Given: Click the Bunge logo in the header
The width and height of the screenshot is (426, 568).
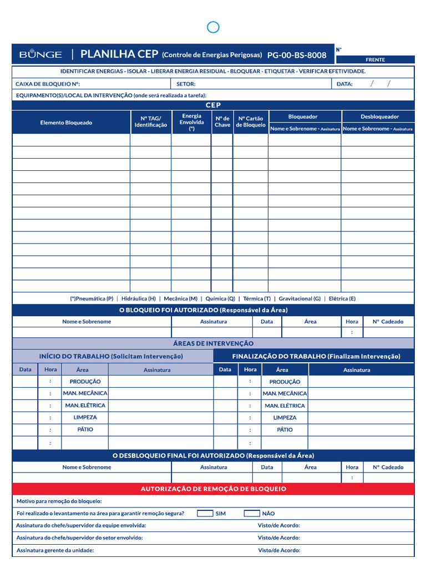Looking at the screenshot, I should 40,54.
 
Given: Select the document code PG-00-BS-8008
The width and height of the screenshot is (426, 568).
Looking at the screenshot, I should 297,55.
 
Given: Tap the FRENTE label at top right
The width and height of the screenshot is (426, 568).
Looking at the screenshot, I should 375,59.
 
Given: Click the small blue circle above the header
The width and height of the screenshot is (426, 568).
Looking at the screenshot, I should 213,27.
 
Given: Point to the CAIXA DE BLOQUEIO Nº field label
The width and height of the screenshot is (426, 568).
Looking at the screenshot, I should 48,84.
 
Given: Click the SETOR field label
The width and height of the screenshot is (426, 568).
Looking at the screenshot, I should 186,84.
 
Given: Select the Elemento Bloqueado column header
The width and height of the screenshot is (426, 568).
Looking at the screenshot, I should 66,123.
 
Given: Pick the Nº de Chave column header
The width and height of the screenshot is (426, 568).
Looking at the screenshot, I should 222,121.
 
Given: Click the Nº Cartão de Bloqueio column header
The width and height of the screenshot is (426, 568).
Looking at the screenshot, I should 251,121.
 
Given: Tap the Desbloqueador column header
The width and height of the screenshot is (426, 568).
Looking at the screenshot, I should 379,116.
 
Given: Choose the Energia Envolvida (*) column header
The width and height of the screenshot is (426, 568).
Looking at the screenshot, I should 191,122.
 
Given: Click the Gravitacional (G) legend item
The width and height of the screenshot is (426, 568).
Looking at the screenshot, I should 300,298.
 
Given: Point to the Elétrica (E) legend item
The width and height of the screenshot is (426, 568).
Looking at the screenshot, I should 342,298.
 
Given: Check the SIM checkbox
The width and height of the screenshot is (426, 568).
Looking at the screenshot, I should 205,513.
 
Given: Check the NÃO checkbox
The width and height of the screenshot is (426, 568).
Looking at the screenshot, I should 252,513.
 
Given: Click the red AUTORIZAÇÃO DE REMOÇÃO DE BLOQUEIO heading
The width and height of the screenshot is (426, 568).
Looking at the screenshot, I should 214,489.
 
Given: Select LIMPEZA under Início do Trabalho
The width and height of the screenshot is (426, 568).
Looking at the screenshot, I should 85,417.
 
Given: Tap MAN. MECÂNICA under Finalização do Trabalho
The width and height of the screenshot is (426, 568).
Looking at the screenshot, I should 285,393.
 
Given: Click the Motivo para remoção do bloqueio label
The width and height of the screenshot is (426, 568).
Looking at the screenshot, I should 59,501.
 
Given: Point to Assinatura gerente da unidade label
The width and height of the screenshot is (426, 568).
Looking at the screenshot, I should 55,550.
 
